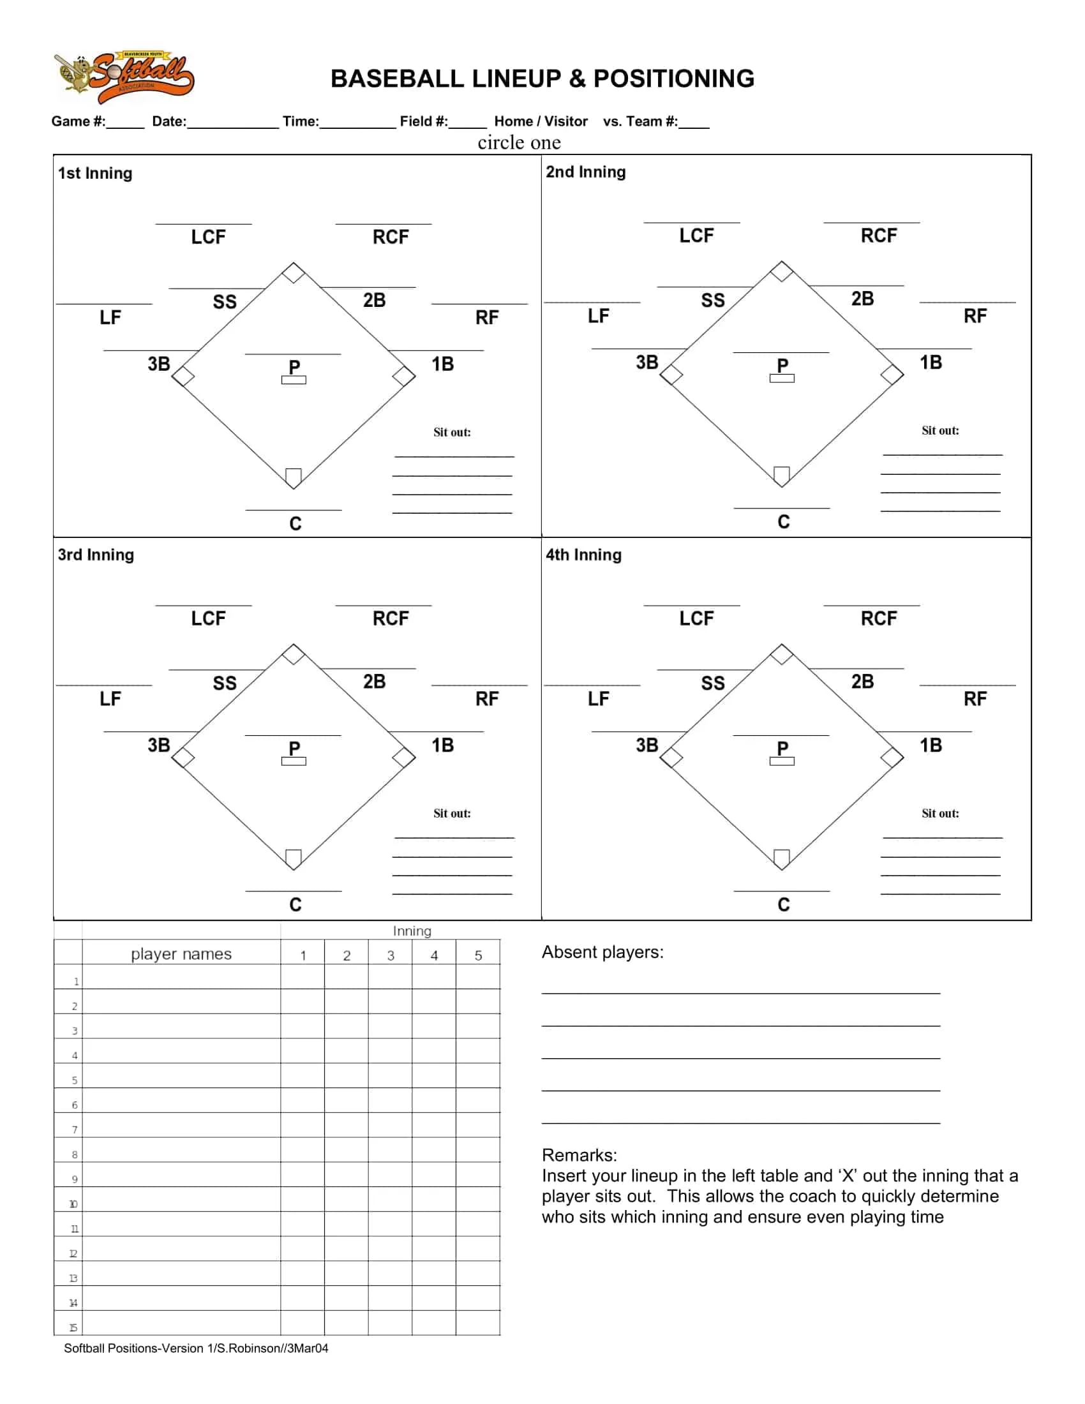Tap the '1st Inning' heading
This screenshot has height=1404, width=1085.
tap(95, 174)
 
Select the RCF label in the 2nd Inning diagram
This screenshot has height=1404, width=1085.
tap(878, 236)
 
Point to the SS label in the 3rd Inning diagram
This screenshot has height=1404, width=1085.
tap(224, 683)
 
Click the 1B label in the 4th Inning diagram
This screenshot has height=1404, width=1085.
tap(930, 745)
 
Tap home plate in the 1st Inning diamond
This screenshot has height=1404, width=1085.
tap(293, 476)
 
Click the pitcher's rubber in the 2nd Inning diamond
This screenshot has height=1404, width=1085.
tap(782, 378)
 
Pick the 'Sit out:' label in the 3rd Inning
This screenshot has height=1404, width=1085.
tap(451, 813)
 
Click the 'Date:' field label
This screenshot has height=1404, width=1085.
tap(169, 121)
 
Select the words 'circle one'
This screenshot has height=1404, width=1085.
tap(519, 142)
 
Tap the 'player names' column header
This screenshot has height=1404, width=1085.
tap(181, 954)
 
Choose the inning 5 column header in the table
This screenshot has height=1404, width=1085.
tap(478, 955)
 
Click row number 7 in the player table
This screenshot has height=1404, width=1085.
tap(75, 1130)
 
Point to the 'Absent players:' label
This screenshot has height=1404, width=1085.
tap(602, 952)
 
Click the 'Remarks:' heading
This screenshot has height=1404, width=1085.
tap(579, 1155)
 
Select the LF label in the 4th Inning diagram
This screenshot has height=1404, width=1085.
tap(598, 699)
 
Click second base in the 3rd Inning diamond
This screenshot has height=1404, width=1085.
tap(293, 654)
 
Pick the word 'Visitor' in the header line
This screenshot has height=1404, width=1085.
tap(565, 121)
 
